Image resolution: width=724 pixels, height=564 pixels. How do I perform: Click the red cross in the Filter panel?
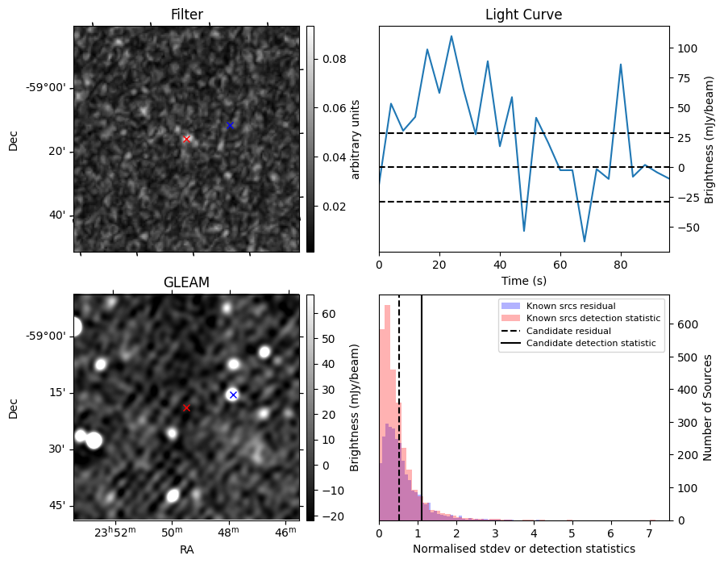tap(187, 139)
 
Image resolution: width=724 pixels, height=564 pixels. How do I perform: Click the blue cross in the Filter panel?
tap(230, 125)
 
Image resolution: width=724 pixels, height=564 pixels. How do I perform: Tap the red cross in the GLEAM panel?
tap(186, 407)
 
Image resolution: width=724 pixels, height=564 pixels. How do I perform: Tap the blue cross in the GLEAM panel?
tap(233, 395)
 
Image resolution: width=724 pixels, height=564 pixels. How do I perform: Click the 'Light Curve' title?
tap(523, 15)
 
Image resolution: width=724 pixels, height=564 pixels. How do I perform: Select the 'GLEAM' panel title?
tap(186, 282)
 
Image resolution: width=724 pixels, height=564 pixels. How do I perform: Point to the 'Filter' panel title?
tap(186, 15)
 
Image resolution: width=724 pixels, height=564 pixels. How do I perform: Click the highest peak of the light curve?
tap(451, 36)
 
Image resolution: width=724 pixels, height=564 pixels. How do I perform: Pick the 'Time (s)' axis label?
tap(523, 280)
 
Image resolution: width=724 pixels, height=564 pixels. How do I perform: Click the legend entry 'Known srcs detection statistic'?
tap(593, 319)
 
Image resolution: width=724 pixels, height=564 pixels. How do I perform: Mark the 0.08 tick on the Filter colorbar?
tap(335, 59)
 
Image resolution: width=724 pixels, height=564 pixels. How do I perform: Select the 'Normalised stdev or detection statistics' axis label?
tap(523, 549)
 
